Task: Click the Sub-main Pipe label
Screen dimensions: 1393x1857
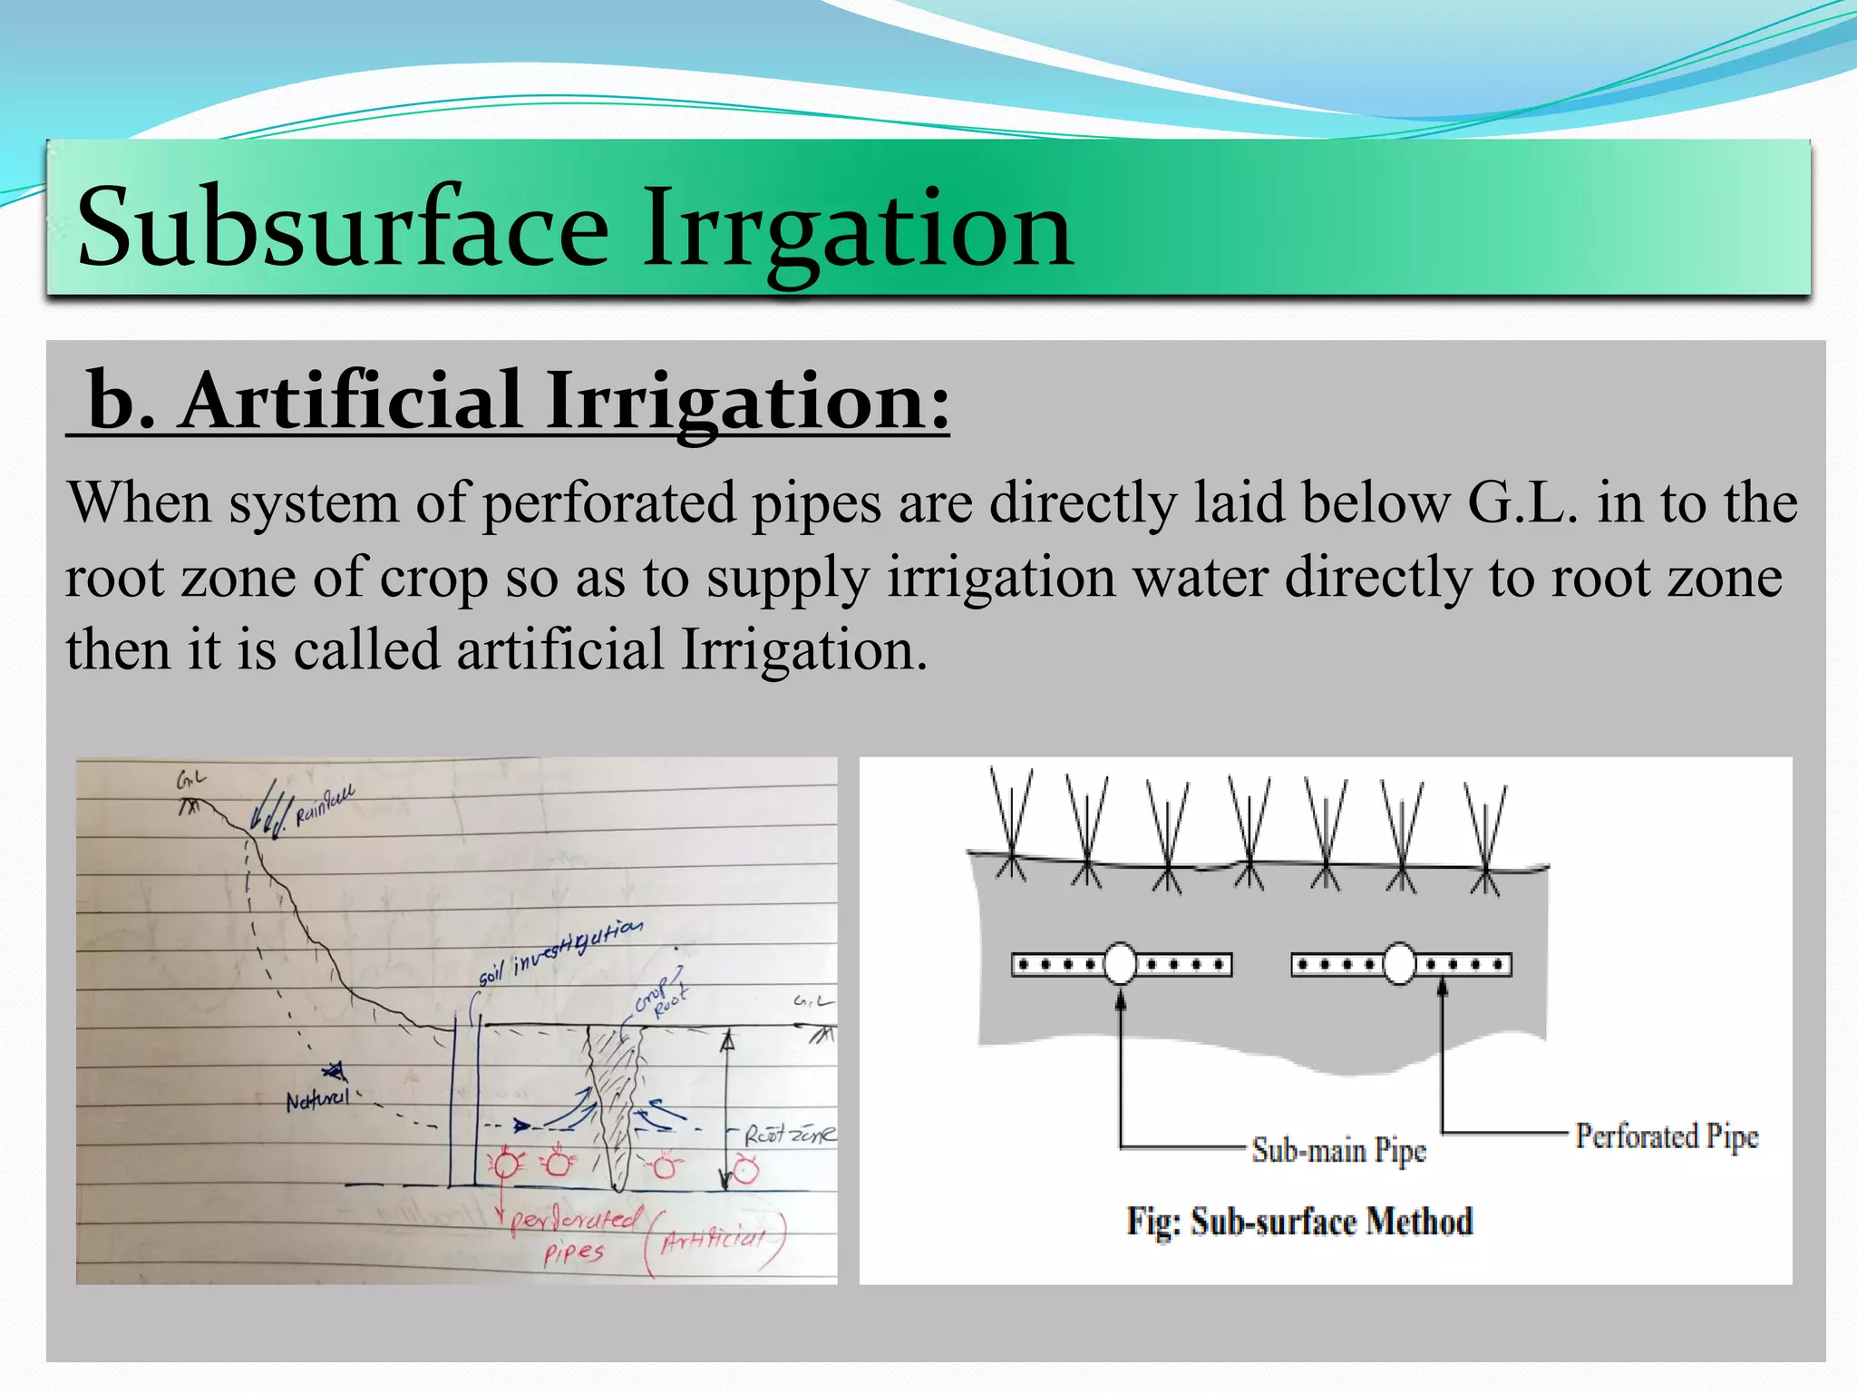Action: coord(1338,1150)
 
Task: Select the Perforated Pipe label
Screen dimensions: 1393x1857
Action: coord(1666,1135)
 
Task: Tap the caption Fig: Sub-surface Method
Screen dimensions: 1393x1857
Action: coord(1298,1222)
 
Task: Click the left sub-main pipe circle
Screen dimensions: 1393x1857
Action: coord(1121,964)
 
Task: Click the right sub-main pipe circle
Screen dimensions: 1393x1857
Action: coord(1400,964)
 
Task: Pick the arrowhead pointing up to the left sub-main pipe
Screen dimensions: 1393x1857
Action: coord(1121,1000)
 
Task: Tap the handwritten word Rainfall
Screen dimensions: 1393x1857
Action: coord(325,806)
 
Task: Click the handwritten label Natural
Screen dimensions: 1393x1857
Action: coord(316,1100)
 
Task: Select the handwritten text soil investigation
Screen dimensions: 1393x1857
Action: coord(559,951)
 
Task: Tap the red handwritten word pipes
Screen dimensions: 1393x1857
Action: coord(573,1254)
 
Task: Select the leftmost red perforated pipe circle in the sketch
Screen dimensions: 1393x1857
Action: coord(506,1164)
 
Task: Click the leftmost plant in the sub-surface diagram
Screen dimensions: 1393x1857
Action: coord(1011,821)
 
